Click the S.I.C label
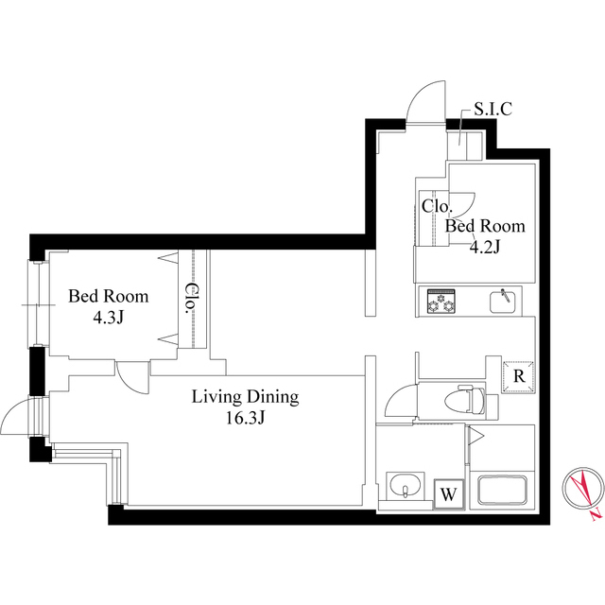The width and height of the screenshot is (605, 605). click(493, 110)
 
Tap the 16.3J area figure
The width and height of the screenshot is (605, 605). click(246, 418)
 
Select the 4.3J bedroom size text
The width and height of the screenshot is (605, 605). click(108, 318)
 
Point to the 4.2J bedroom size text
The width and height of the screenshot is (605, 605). click(485, 248)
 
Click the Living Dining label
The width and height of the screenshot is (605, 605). click(246, 397)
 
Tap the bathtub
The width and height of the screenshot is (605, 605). click(502, 490)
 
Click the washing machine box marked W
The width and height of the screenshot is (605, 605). click(448, 494)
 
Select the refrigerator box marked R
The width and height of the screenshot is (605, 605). click(519, 376)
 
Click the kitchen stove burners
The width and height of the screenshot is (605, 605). click(441, 302)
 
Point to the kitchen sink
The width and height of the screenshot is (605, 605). click(503, 302)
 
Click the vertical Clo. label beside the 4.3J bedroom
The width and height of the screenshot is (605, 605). click(192, 299)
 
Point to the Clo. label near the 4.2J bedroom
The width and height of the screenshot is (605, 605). click(436, 206)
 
